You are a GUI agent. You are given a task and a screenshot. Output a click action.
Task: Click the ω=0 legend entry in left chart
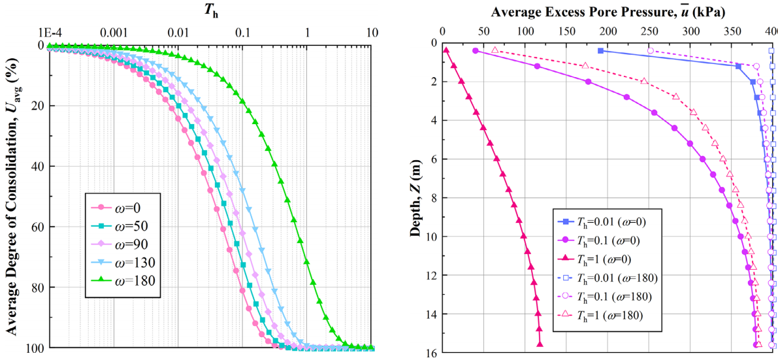point(122,208)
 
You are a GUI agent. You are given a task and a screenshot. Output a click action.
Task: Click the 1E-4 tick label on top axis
point(49,33)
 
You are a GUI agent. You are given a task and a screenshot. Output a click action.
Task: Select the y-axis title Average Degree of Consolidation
point(12,196)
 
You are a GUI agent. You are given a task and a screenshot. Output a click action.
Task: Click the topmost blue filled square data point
point(600,50)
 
